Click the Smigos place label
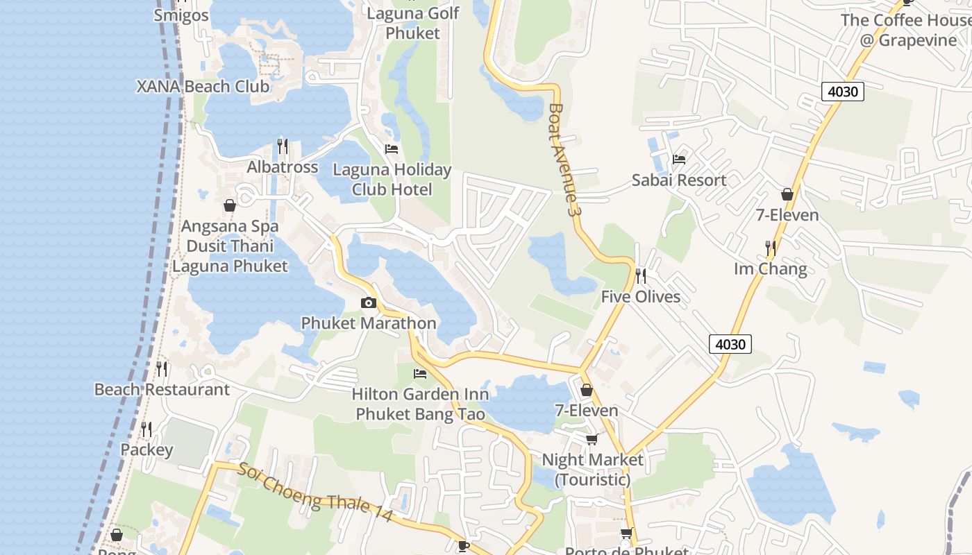[x=181, y=15]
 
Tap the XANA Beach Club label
[x=203, y=87]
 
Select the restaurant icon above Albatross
[x=283, y=146]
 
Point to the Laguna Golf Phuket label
[x=412, y=23]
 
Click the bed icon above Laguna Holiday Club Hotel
[x=392, y=149]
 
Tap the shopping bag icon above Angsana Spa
[x=230, y=205]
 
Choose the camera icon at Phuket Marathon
[x=369, y=302]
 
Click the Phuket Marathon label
[x=369, y=323]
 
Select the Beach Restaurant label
[x=162, y=389]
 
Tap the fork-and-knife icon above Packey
[x=146, y=429]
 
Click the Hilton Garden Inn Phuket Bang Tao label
[x=420, y=404]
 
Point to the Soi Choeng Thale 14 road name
[x=315, y=493]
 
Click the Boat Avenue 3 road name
[x=563, y=159]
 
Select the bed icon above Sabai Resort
[x=679, y=160]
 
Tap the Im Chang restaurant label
[x=771, y=268]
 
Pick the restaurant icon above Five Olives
[x=641, y=276]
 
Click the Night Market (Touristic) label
[x=592, y=469]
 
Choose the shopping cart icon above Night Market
[x=592, y=439]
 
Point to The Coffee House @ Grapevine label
[x=905, y=30]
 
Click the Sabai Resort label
[x=679, y=180]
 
